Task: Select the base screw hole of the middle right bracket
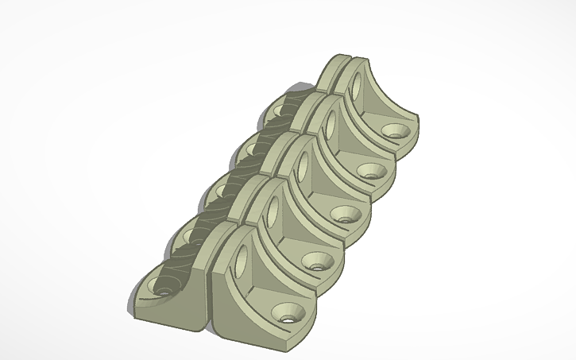[345, 213]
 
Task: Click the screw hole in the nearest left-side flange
[163, 292]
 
